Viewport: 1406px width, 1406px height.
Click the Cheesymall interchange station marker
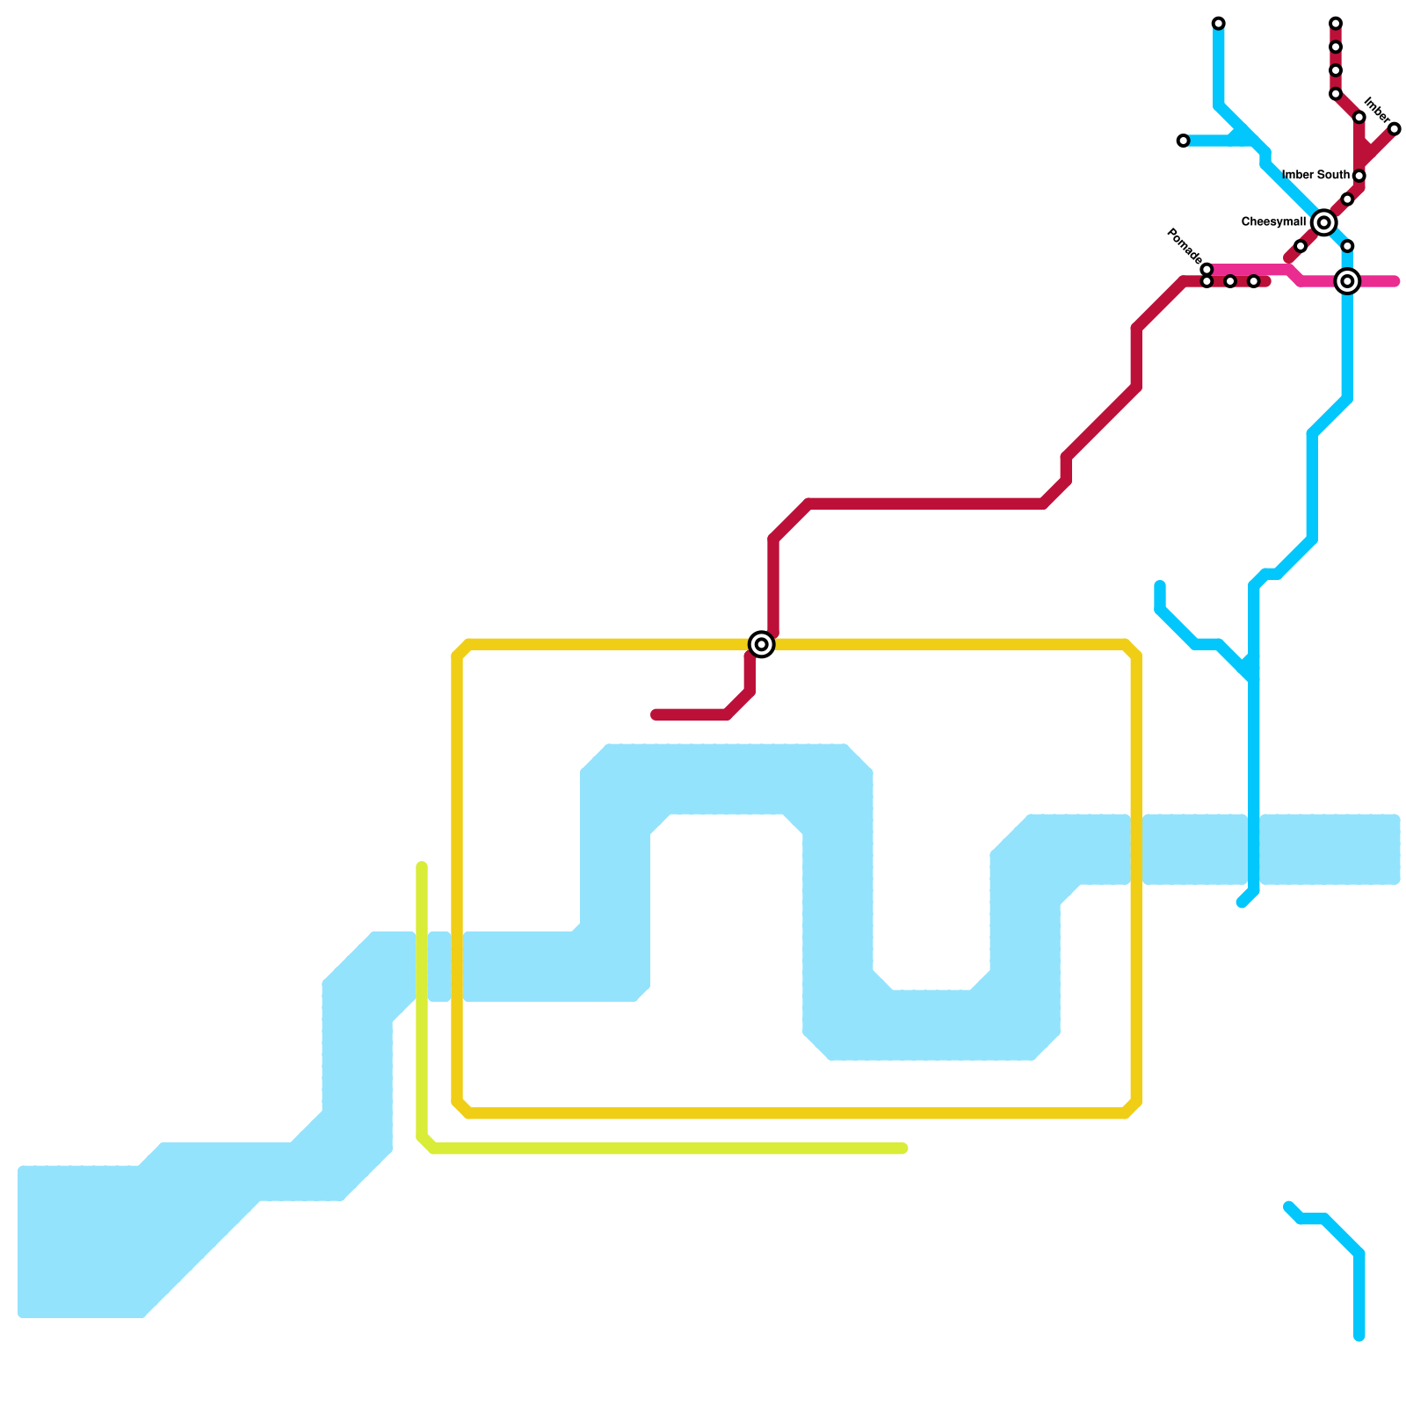tap(1323, 223)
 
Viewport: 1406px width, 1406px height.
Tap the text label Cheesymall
tap(1272, 222)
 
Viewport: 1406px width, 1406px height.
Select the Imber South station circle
tap(1359, 176)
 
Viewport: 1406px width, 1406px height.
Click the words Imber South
tap(1315, 175)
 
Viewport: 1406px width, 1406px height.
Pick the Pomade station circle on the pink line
tap(1207, 270)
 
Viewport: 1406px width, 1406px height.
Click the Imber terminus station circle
tap(1394, 129)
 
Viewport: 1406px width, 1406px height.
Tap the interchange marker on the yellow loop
tap(762, 644)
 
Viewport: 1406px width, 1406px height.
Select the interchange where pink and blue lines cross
tap(1347, 281)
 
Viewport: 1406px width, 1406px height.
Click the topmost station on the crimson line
tap(1335, 23)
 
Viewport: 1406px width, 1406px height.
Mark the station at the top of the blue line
tap(1218, 23)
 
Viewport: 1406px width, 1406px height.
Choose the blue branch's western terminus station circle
tap(1183, 141)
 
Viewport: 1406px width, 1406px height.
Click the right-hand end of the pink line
tap(1395, 282)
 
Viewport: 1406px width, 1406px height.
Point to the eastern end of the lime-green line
tap(902, 1149)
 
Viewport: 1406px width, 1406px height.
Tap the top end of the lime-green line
tap(422, 867)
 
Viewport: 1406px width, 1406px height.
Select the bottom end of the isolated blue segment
tap(1359, 1337)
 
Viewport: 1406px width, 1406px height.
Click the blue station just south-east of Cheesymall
tap(1347, 246)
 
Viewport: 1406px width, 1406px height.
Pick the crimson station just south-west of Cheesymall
tap(1300, 247)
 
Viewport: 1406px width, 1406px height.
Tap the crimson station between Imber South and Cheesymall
tap(1347, 199)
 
